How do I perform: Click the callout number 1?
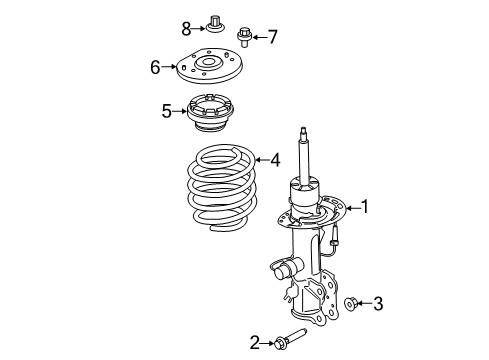pos(366,207)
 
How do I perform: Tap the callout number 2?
pos(255,343)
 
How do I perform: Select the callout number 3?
pos(378,304)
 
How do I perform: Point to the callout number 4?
pos(275,160)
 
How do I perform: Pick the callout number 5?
pos(167,111)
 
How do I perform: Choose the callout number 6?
pos(155,67)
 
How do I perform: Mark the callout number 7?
pos(273,37)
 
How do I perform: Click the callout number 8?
pos(186,29)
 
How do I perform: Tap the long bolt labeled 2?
pos(290,338)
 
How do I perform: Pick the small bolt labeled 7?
pos(244,38)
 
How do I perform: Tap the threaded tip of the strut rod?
pos(303,130)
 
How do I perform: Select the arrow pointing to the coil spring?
pos(263,160)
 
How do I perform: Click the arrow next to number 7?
pos(260,37)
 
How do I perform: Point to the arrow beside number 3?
pos(365,303)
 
